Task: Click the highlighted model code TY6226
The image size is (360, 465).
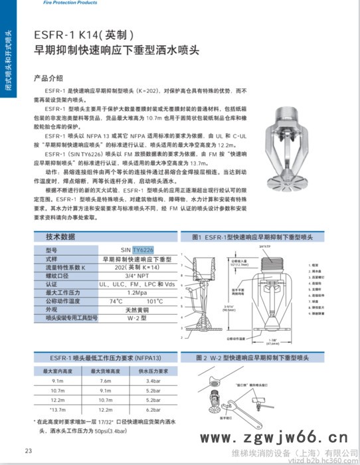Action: coord(141,250)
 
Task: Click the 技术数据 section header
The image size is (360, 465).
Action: coord(64,237)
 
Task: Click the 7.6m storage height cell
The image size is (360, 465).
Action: coord(105,381)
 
